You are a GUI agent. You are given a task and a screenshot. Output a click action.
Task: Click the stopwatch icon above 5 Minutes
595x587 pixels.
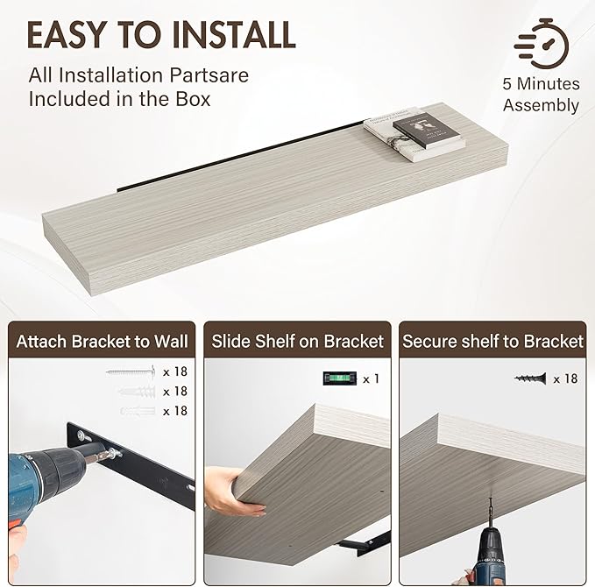(542, 44)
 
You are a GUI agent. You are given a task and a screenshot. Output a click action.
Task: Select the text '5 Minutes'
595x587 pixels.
(542, 84)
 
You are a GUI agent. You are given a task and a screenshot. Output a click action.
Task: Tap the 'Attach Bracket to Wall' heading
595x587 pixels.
(102, 341)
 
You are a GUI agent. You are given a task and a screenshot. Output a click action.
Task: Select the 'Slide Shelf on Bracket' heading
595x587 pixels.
(298, 341)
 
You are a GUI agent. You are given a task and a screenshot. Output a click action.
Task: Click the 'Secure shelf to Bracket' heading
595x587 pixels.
(492, 341)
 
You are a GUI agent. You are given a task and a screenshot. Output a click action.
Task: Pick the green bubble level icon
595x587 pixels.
(340, 378)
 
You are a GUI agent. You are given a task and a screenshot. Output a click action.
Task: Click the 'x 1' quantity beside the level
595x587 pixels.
(372, 378)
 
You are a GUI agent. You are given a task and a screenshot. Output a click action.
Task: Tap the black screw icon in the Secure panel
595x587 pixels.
(530, 378)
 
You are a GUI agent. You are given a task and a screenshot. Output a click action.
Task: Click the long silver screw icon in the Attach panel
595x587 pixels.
(131, 371)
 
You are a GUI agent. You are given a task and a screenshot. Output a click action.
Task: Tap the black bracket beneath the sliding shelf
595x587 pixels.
(363, 543)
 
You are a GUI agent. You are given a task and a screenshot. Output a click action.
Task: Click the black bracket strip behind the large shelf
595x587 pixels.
(240, 156)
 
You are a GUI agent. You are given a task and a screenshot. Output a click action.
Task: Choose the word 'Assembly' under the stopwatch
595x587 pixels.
(542, 105)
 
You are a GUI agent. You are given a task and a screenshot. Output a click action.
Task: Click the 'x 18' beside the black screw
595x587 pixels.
(565, 378)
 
